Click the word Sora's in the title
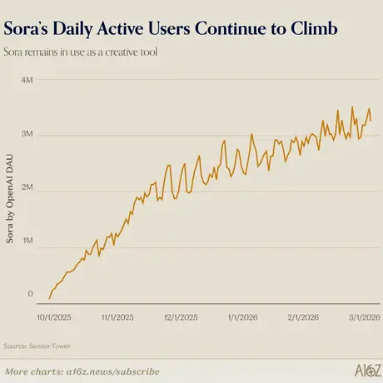pyautogui.click(x=26, y=28)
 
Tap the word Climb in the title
pyautogui.click(x=314, y=28)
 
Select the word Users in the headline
pyautogui.click(x=169, y=28)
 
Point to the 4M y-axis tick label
pyautogui.click(x=27, y=80)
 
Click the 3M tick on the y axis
pyautogui.click(x=27, y=134)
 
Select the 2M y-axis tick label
pyautogui.click(x=27, y=187)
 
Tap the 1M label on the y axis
pyautogui.click(x=27, y=241)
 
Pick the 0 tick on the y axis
pyautogui.click(x=30, y=294)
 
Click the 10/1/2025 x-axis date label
pyautogui.click(x=54, y=317)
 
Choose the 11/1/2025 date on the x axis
pyautogui.click(x=117, y=317)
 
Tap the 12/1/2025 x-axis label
pyautogui.click(x=181, y=317)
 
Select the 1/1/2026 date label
pyautogui.click(x=242, y=317)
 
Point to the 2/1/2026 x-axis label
pyautogui.click(x=303, y=317)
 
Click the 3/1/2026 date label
pyautogui.click(x=365, y=317)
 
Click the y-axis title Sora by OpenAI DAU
pyautogui.click(x=10, y=199)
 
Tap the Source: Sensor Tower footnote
pyautogui.click(x=37, y=346)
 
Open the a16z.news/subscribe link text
pyautogui.click(x=113, y=371)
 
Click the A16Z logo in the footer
pyautogui.click(x=368, y=371)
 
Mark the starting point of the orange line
pyautogui.click(x=49, y=299)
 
